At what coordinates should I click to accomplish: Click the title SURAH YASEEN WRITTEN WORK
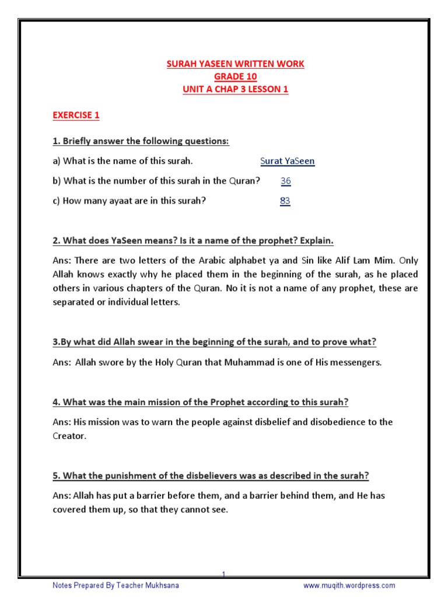[x=235, y=64]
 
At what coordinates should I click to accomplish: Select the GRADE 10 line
[x=235, y=76]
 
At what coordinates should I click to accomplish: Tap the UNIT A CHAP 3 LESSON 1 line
[x=235, y=89]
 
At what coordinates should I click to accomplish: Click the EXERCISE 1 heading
[x=76, y=115]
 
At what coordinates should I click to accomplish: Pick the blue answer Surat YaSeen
[x=287, y=161]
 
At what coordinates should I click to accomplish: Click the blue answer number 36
[x=285, y=181]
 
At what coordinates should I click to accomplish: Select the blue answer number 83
[x=285, y=201]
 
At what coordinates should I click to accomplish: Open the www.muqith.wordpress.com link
[x=349, y=585]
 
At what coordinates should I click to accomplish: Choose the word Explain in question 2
[x=317, y=241]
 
